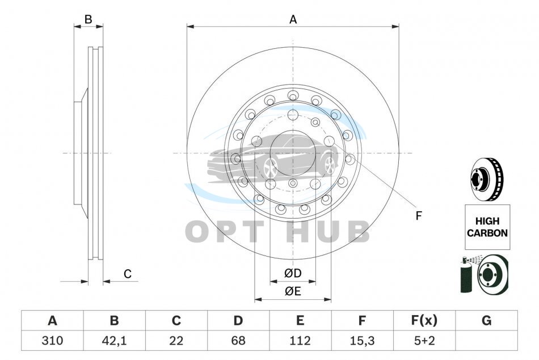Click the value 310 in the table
[x=52, y=341]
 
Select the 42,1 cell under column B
[x=114, y=341]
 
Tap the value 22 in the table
[x=176, y=341]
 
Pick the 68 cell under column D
[x=238, y=341]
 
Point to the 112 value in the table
[x=300, y=341]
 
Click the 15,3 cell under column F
[x=362, y=341]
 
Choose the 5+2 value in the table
[x=424, y=341]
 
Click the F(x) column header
[x=424, y=320]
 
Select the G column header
[x=486, y=320]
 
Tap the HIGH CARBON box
[x=487, y=227]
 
